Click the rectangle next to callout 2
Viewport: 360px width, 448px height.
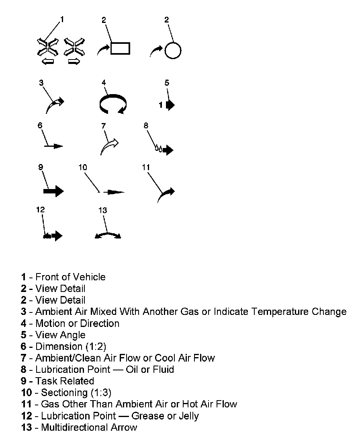[120, 48]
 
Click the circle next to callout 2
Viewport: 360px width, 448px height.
[173, 50]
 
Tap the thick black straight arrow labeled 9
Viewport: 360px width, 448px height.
[53, 191]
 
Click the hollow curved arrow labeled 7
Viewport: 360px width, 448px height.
[109, 147]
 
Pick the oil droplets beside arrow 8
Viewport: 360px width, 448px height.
[159, 150]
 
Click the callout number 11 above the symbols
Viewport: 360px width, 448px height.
[145, 166]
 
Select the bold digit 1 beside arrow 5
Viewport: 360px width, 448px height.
[161, 105]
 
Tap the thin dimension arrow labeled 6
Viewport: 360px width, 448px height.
[54, 146]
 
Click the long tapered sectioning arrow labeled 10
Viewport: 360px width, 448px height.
[114, 192]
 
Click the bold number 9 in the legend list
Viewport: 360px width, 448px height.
[24, 381]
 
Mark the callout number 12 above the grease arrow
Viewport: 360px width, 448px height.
[40, 210]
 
